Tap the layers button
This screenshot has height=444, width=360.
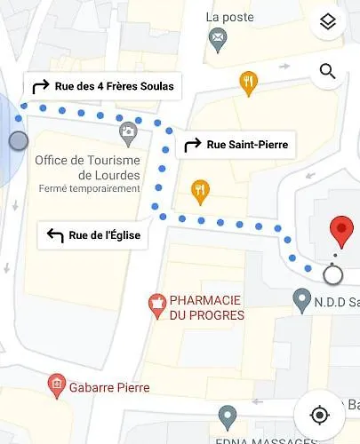pyautogui.click(x=328, y=23)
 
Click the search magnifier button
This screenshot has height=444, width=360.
pyautogui.click(x=328, y=72)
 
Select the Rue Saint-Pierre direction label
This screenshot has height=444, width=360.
pyautogui.click(x=236, y=145)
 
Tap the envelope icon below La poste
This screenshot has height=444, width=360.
pyautogui.click(x=217, y=37)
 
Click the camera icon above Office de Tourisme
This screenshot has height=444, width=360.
pyautogui.click(x=129, y=134)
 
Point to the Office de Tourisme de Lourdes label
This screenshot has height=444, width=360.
pyautogui.click(x=87, y=167)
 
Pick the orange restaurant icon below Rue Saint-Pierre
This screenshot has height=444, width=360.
pyautogui.click(x=200, y=190)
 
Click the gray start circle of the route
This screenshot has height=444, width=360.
pyautogui.click(x=18, y=140)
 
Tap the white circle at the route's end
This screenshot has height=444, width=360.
pyautogui.click(x=332, y=274)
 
